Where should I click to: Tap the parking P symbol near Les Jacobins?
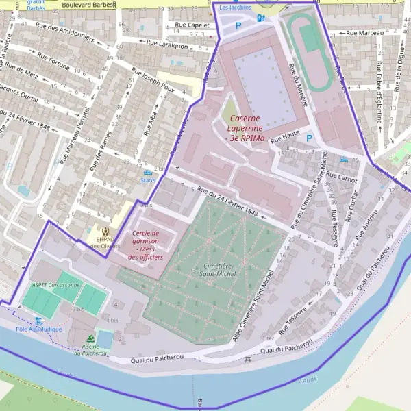tap(238, 25)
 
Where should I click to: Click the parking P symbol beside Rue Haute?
tap(309, 138)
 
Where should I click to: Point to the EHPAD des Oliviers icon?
tap(105, 232)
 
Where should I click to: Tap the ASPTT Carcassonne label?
tap(55, 284)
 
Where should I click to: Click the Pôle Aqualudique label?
tap(38, 329)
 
